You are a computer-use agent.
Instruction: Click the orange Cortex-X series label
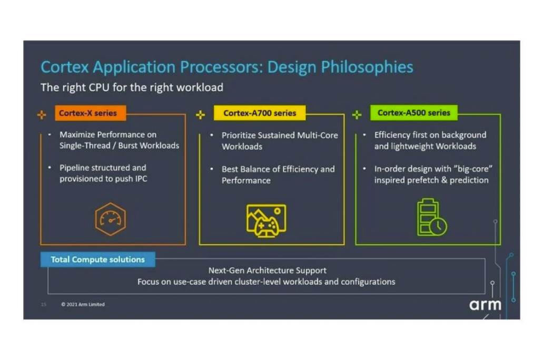point(91,113)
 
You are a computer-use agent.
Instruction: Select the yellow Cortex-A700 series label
point(260,113)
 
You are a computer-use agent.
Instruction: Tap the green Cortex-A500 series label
point(414,113)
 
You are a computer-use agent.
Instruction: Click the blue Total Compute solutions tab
point(97,259)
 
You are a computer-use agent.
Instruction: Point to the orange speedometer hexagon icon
point(111,219)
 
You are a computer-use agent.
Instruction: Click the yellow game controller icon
point(266,221)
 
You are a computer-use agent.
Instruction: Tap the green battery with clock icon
point(432,217)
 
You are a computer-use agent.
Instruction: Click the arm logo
point(485,305)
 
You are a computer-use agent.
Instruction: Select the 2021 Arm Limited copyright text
point(83,304)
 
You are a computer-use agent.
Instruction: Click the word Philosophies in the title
point(367,67)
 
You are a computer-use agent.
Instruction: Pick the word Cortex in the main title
point(65,67)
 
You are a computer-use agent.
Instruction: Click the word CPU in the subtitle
point(99,87)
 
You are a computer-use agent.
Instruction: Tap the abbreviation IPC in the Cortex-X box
point(141,179)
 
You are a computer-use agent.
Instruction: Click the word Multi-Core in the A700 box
point(317,135)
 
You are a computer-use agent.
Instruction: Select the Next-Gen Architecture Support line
point(268,270)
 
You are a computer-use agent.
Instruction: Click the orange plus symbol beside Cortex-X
point(42,115)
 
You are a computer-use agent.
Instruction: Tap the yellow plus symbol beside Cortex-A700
point(201,115)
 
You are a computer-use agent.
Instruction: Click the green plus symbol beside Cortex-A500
point(357,115)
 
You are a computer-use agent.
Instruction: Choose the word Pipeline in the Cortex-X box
point(74,168)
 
